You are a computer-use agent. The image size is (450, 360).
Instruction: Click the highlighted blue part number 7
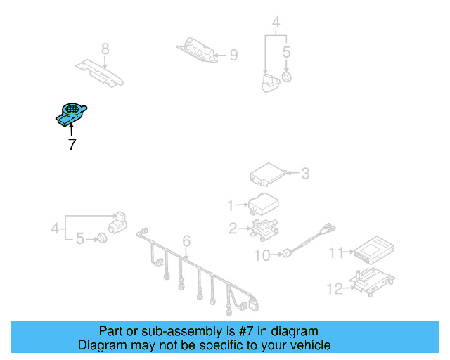pyautogui.click(x=71, y=115)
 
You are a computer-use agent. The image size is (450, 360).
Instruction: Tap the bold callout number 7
pyautogui.click(x=72, y=144)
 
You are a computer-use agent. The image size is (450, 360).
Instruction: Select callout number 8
pyautogui.click(x=105, y=49)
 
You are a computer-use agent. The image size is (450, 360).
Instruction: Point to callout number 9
pyautogui.click(x=234, y=55)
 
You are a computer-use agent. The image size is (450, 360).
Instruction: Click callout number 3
pyautogui.click(x=305, y=174)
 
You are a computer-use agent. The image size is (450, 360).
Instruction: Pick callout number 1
pyautogui.click(x=231, y=205)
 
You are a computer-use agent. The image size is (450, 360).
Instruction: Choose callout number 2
pyautogui.click(x=233, y=229)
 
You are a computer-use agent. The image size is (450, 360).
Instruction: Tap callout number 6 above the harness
pyautogui.click(x=186, y=240)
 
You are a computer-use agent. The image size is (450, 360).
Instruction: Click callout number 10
pyautogui.click(x=262, y=255)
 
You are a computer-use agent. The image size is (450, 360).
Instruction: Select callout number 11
pyautogui.click(x=336, y=252)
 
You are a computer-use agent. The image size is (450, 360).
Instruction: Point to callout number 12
pyautogui.click(x=335, y=288)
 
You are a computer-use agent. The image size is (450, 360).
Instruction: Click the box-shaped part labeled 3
pyautogui.click(x=269, y=174)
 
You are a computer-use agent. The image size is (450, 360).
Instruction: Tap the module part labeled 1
pyautogui.click(x=263, y=204)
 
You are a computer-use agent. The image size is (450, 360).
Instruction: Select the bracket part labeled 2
pyautogui.click(x=264, y=229)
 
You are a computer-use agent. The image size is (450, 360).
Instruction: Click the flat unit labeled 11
pyautogui.click(x=373, y=250)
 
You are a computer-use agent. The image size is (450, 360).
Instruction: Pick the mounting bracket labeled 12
pyautogui.click(x=373, y=282)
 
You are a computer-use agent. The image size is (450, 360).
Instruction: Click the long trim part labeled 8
pyautogui.click(x=100, y=73)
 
